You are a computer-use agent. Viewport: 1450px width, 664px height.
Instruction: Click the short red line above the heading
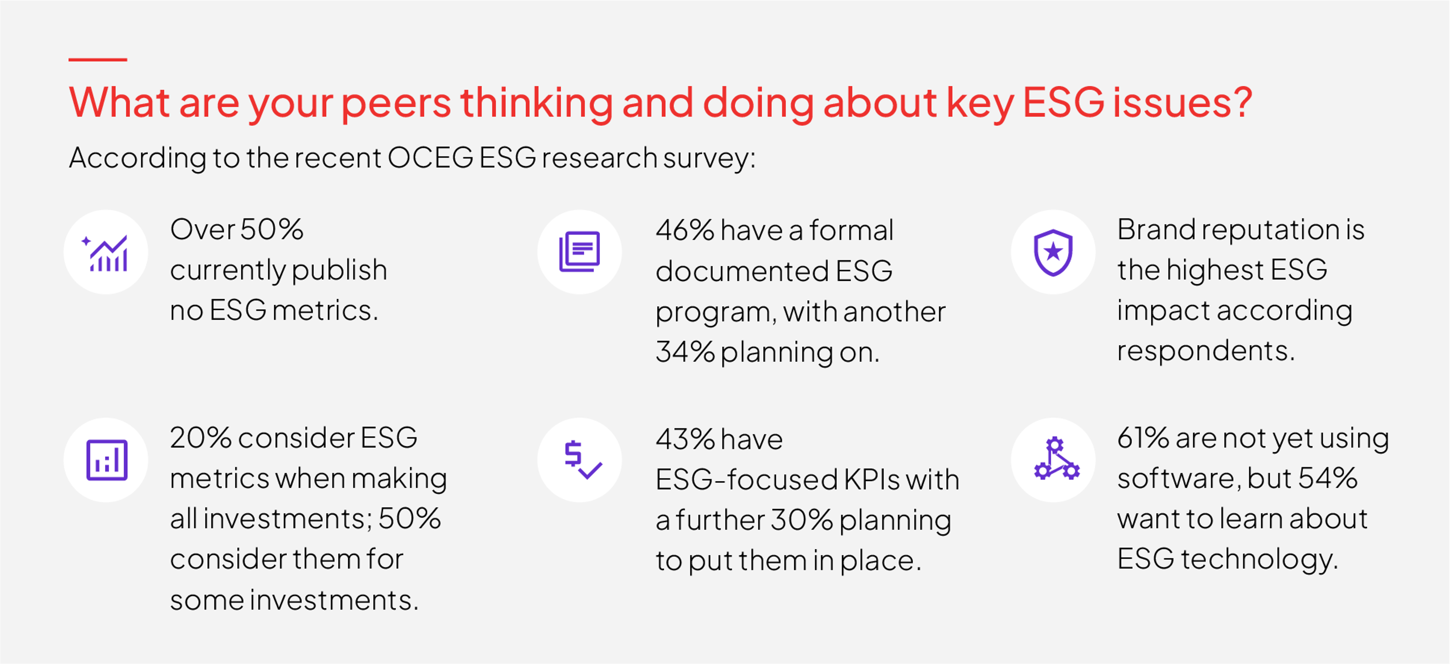click(97, 59)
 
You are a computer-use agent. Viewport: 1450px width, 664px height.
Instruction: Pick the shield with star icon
click(1053, 252)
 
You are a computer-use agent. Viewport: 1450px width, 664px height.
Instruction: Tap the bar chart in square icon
click(106, 460)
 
